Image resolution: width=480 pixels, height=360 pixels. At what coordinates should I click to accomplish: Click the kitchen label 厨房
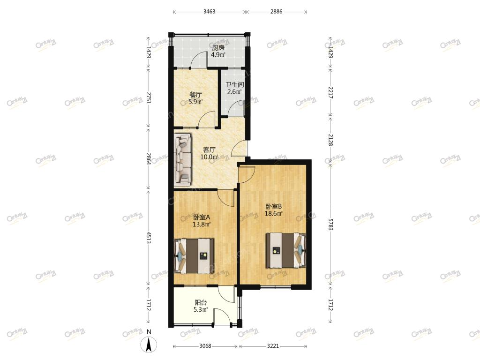tap(218, 48)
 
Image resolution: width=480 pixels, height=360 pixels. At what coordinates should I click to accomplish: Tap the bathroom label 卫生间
tap(234, 84)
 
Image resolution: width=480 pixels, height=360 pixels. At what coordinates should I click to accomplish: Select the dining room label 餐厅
tap(195, 95)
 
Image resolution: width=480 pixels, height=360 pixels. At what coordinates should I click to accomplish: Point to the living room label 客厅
tap(210, 150)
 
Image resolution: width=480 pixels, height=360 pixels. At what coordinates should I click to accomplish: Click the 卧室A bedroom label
tap(202, 217)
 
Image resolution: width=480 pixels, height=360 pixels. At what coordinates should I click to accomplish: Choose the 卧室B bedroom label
tap(273, 207)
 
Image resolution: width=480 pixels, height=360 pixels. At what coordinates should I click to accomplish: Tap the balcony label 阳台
tap(201, 302)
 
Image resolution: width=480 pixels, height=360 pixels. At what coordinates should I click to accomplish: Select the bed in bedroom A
tap(194, 256)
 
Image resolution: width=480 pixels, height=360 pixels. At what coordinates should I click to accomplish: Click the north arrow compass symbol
tap(149, 345)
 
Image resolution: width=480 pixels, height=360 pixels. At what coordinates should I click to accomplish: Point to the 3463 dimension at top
tap(210, 12)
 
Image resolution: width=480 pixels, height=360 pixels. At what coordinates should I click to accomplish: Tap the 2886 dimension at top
tap(277, 12)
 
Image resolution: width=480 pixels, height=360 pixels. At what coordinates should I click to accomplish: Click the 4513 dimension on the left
tap(149, 238)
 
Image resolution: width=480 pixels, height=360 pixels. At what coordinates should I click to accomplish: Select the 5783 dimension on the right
tap(330, 225)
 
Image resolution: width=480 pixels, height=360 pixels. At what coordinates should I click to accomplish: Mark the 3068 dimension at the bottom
tap(205, 346)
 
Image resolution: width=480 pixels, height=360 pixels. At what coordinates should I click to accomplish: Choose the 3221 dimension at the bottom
tap(273, 346)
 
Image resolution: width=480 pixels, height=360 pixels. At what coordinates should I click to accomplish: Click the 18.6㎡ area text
tap(273, 214)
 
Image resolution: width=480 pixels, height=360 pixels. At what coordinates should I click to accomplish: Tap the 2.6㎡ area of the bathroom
tap(234, 91)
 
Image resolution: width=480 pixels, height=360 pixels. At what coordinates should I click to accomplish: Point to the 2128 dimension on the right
tap(330, 140)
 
